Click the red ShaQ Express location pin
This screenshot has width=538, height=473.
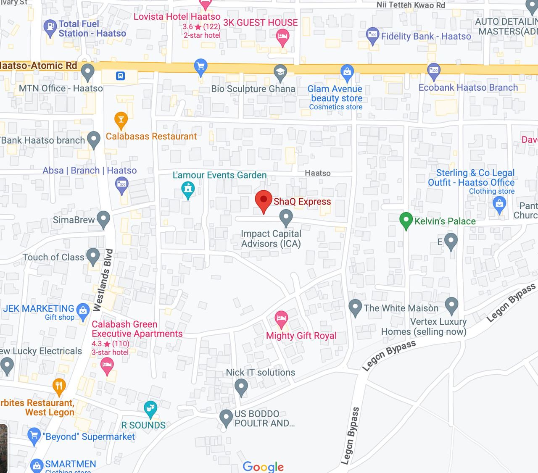(264, 201)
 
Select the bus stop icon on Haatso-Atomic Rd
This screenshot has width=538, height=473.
(121, 76)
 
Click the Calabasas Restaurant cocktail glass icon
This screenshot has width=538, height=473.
(121, 120)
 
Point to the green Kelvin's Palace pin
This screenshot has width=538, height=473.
(406, 220)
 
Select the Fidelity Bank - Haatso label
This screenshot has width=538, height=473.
(426, 37)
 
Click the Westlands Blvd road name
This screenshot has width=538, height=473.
(103, 280)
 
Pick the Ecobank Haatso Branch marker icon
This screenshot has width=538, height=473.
(434, 71)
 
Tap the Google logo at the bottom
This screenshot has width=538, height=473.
(263, 466)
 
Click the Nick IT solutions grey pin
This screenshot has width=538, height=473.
(241, 386)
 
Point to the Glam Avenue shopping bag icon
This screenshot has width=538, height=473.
(347, 73)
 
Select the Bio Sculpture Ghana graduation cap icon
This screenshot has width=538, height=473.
(280, 72)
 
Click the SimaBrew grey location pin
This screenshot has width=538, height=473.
(103, 218)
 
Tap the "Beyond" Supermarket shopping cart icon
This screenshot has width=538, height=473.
(33, 436)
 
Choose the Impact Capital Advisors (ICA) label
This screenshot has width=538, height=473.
(271, 239)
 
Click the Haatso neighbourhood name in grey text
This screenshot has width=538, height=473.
(317, 173)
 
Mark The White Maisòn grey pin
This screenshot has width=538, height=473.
(355, 307)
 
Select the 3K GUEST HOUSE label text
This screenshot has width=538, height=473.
(261, 23)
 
